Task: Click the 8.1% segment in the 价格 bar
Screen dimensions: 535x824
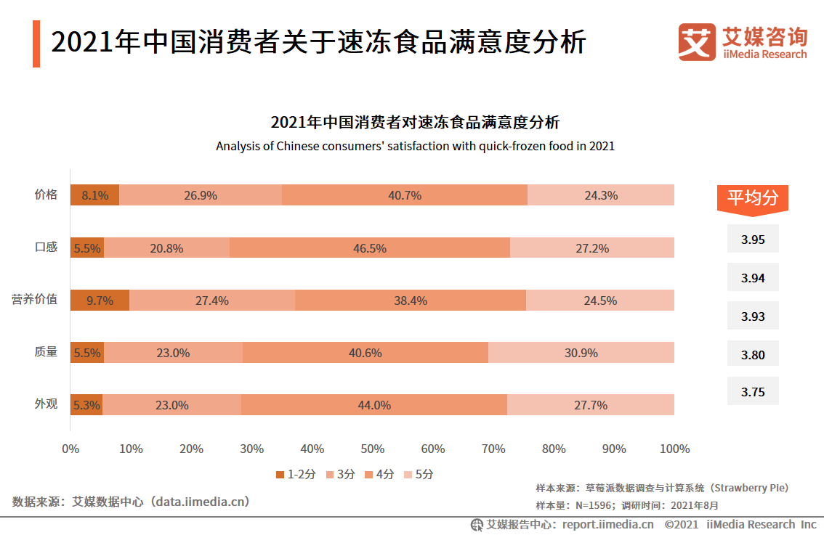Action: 94,195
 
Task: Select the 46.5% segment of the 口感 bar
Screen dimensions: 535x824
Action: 369,248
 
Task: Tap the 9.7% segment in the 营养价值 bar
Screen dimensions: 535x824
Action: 100,300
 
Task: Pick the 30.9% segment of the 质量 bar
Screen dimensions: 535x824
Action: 581,353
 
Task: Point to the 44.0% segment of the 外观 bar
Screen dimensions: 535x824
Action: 373,405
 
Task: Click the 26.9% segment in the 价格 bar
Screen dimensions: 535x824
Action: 201,195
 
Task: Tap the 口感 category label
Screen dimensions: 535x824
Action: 46,247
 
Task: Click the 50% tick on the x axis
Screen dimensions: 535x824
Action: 372,449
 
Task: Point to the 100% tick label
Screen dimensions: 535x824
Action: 674,449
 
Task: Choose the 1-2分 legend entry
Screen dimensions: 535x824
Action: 296,474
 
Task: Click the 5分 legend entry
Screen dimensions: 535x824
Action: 419,474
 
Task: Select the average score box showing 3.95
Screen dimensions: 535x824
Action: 752,239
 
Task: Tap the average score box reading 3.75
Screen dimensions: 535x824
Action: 752,391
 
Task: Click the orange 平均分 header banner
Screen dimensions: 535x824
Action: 752,197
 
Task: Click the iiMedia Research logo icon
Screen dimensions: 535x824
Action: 697,42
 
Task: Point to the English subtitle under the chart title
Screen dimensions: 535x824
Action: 415,146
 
